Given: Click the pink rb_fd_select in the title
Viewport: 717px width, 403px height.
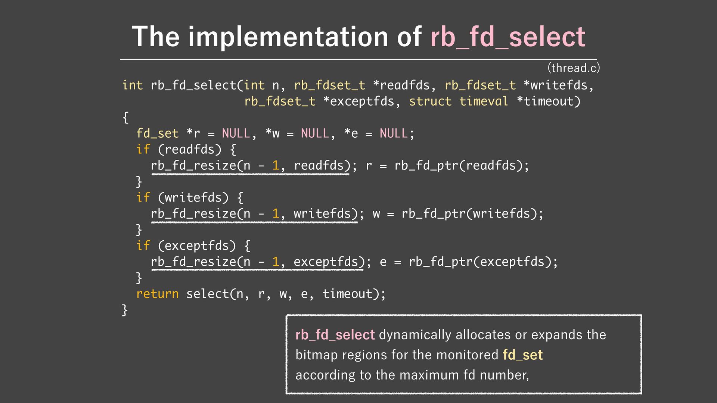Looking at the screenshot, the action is point(508,37).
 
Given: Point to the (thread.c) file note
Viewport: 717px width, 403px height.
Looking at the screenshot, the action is point(574,68).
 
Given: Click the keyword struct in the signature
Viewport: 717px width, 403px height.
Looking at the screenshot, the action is point(430,101).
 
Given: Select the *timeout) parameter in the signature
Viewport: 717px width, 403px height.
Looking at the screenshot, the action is point(549,101).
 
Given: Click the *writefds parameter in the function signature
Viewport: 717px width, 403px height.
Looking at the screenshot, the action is point(555,85).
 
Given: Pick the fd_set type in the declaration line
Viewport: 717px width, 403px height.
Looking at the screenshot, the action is point(157,133).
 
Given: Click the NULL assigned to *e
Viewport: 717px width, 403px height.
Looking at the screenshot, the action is point(394,133).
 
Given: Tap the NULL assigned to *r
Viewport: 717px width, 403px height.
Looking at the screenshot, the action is point(236,133).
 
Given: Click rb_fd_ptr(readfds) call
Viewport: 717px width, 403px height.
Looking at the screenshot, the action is point(462,165).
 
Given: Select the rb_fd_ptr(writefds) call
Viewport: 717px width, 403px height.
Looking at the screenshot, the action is point(472,213).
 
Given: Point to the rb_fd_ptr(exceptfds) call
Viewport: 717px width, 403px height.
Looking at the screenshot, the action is point(483,262).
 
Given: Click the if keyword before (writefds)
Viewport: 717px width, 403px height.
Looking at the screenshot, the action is point(143,197).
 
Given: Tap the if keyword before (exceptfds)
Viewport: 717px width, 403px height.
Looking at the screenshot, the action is point(143,246).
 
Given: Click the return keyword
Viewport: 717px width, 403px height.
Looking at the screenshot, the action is point(157,294).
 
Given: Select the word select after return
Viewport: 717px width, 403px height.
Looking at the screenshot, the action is point(207,294).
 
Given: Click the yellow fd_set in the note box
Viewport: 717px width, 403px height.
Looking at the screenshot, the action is point(522,354).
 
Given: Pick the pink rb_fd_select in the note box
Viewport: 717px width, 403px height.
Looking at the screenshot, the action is point(335,335).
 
